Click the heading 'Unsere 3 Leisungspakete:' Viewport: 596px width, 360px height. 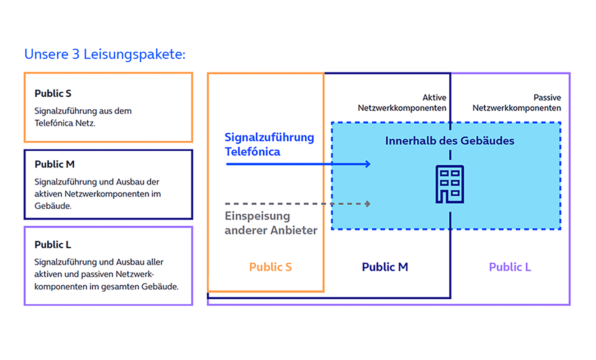pyautogui.click(x=104, y=54)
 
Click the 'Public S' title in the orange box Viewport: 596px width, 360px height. pyautogui.click(x=53, y=94)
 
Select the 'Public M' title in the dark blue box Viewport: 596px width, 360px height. pyautogui.click(x=54, y=165)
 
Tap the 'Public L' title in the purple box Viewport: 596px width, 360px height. pyautogui.click(x=53, y=245)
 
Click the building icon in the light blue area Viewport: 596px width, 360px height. pyautogui.click(x=449, y=184)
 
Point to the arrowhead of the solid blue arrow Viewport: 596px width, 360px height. pyautogui.click(x=368, y=164)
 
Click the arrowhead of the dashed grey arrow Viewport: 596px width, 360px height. pyautogui.click(x=368, y=204)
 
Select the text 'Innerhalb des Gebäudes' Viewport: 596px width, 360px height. pyautogui.click(x=449, y=141)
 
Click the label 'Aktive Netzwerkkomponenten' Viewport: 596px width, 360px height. pyautogui.click(x=402, y=103)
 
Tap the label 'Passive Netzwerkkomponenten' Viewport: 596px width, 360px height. pyautogui.click(x=517, y=103)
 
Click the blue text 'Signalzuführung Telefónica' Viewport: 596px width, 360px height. pyautogui.click(x=269, y=144)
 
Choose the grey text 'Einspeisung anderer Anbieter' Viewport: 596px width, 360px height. pyautogui.click(x=271, y=223)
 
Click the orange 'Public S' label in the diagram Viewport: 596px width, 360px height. pyautogui.click(x=271, y=267)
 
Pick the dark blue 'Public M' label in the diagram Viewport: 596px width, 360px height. pyautogui.click(x=385, y=267)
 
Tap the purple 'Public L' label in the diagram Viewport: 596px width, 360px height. pyautogui.click(x=510, y=267)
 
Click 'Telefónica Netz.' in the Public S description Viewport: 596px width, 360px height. pyautogui.click(x=65, y=123)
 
